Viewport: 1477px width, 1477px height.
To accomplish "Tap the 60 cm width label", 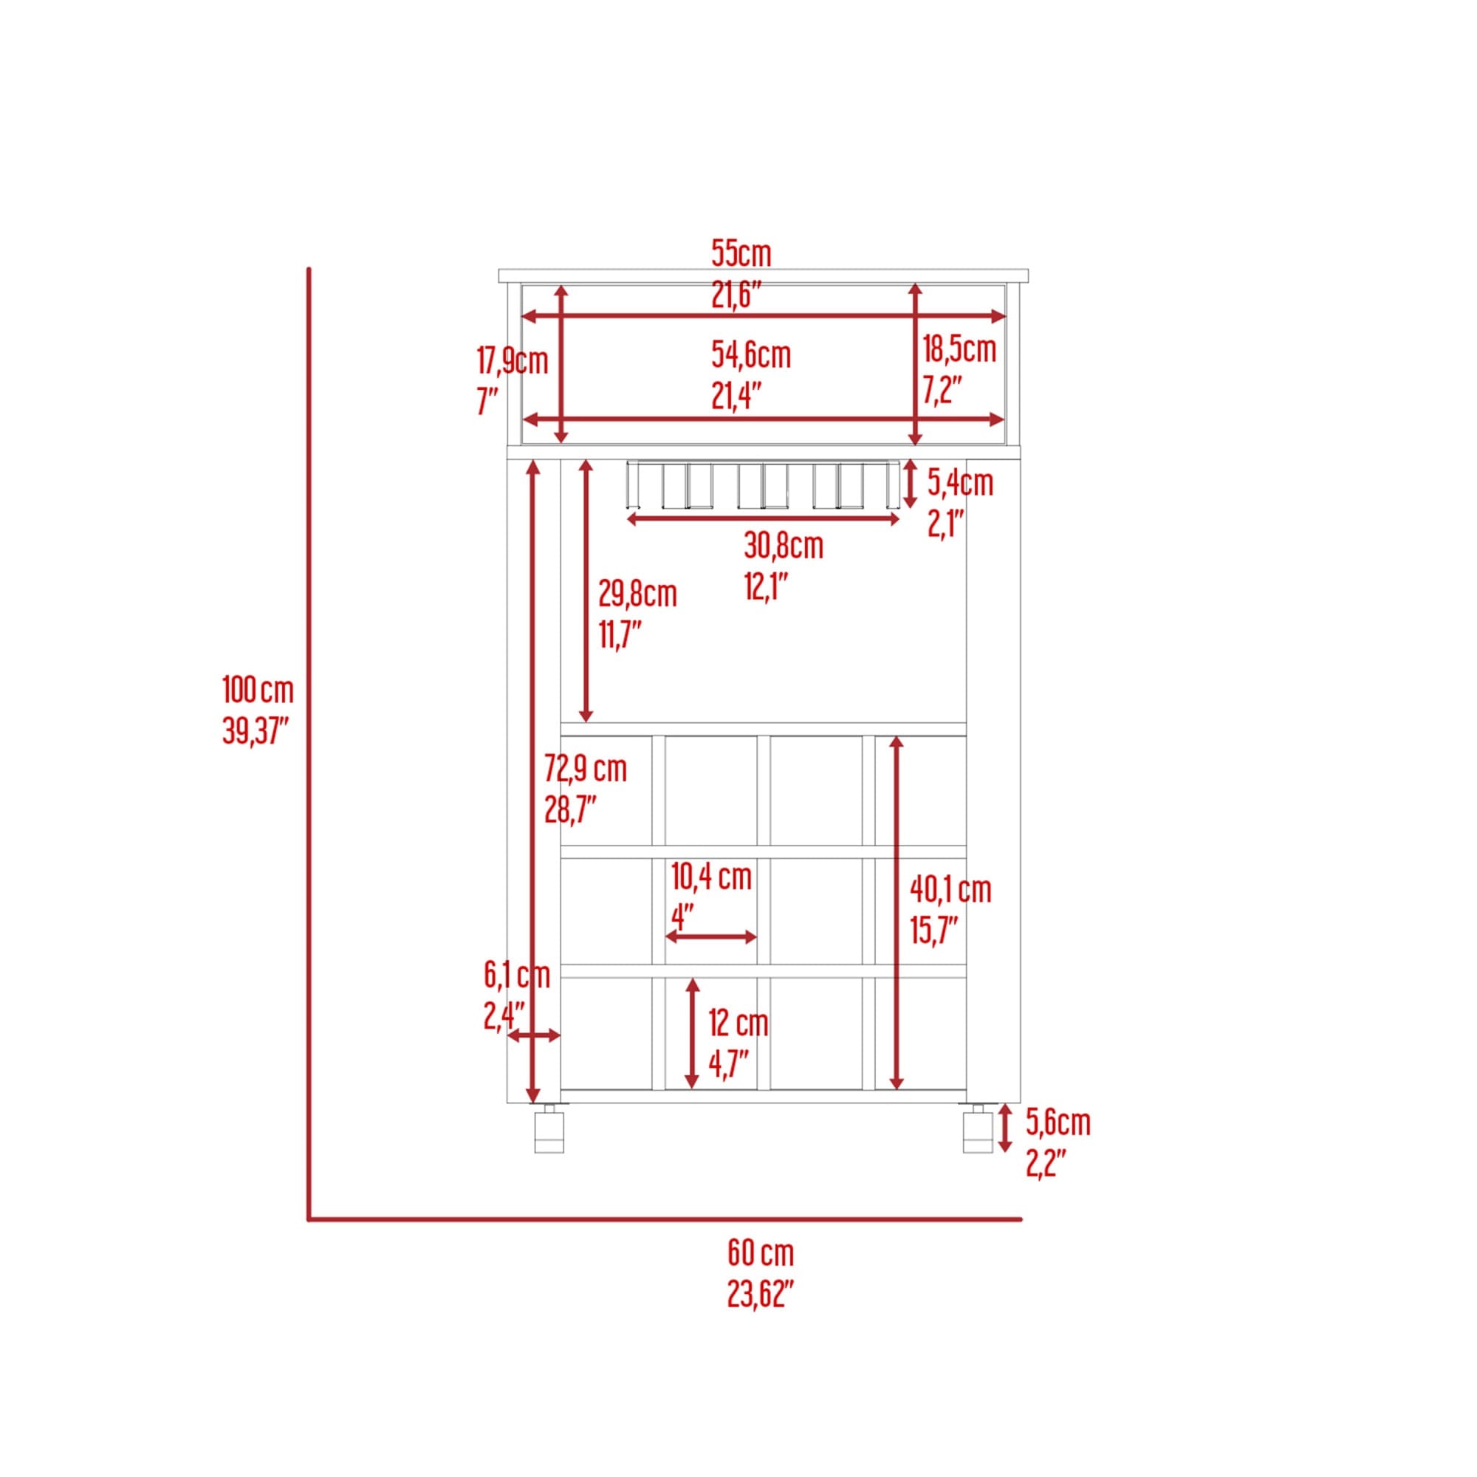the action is (760, 1275).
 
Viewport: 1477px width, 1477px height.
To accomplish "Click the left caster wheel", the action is (549, 1130).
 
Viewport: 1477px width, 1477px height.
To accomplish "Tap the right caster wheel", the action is (978, 1130).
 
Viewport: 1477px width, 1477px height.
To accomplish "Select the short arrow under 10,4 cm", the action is (711, 937).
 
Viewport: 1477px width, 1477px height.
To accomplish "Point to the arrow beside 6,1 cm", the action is (534, 1036).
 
